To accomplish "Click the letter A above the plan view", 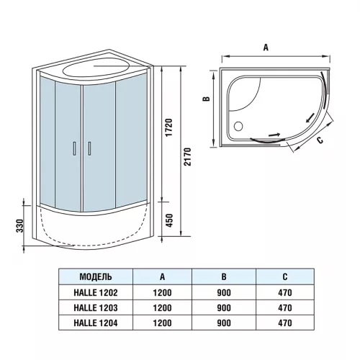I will coord(266,47).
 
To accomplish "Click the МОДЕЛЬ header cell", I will coord(94,276).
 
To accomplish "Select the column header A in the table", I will coord(161,276).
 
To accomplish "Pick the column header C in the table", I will coord(286,276).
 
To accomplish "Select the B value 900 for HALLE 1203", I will coord(224,307).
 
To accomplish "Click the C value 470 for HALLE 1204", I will coord(286,323).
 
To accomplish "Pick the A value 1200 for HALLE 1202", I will coord(161,292).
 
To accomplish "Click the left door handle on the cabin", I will coord(74,148).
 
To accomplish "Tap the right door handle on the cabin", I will coord(89,148).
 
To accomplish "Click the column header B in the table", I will coord(224,276).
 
